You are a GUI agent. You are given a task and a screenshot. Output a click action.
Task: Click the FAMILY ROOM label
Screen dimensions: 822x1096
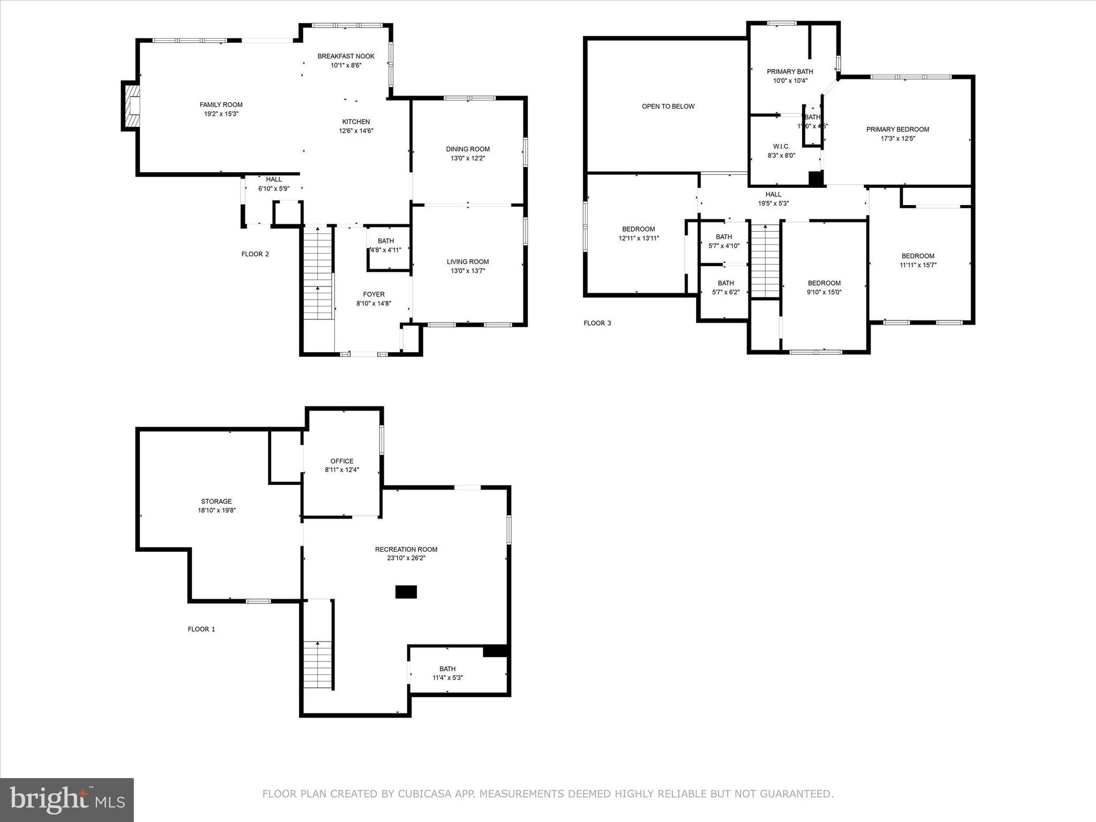pyautogui.click(x=221, y=105)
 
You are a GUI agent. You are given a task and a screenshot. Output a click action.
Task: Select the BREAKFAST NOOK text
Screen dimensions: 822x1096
pyautogui.click(x=346, y=56)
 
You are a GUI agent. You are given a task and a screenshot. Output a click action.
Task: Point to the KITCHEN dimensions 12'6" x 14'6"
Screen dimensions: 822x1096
pyautogui.click(x=356, y=131)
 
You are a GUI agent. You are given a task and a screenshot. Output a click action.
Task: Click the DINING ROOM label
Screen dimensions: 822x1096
pyautogui.click(x=468, y=149)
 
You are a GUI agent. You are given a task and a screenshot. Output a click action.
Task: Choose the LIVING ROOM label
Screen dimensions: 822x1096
pyautogui.click(x=468, y=262)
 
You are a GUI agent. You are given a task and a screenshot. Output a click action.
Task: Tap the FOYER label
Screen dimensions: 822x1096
pyautogui.click(x=374, y=294)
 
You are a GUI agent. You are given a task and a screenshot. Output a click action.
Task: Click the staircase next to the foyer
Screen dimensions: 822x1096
pyautogui.click(x=318, y=273)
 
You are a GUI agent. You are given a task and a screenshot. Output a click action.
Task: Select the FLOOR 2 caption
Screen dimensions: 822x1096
pyautogui.click(x=255, y=254)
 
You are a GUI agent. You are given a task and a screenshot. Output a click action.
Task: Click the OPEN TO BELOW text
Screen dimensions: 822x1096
pyautogui.click(x=668, y=106)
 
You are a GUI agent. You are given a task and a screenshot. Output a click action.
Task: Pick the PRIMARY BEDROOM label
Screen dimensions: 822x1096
pyautogui.click(x=897, y=130)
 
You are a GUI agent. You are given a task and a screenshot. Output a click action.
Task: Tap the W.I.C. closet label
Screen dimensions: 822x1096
pyautogui.click(x=781, y=147)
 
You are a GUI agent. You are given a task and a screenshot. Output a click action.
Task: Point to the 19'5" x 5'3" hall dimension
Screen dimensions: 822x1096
pyautogui.click(x=773, y=203)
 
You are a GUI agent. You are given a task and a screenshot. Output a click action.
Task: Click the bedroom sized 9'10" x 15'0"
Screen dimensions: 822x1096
pyautogui.click(x=824, y=287)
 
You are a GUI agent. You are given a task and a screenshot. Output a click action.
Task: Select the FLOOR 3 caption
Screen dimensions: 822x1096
pyautogui.click(x=597, y=323)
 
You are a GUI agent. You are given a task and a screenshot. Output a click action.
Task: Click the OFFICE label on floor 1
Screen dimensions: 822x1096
pyautogui.click(x=341, y=461)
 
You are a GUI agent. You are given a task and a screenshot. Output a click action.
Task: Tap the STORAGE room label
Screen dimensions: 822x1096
pyautogui.click(x=216, y=501)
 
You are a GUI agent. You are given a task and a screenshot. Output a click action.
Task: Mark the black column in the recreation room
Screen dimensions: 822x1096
pyautogui.click(x=406, y=592)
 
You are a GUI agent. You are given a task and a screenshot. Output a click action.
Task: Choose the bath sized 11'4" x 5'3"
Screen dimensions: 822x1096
pyautogui.click(x=447, y=673)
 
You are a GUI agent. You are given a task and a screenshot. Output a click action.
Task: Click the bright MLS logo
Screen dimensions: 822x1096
pyautogui.click(x=67, y=800)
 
